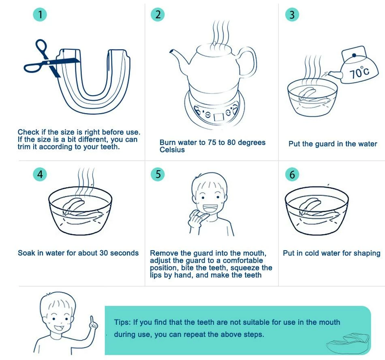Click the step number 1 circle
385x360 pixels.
click(40, 15)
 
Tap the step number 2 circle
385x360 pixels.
click(158, 15)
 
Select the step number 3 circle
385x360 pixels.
click(292, 15)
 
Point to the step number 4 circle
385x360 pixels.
click(40, 175)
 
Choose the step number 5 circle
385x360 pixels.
click(158, 174)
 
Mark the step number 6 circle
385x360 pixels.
click(292, 175)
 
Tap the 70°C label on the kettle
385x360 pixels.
click(359, 72)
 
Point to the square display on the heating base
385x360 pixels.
click(219, 117)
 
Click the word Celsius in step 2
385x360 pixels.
click(172, 150)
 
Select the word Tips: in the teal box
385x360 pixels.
click(122, 322)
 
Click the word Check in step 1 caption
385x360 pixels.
click(28, 132)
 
